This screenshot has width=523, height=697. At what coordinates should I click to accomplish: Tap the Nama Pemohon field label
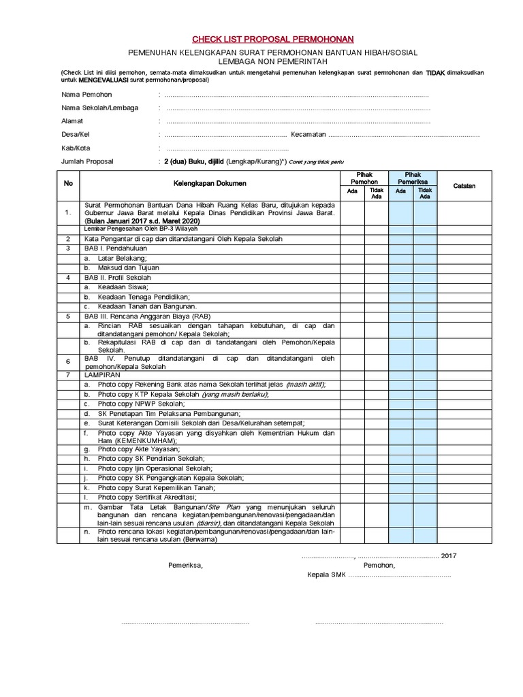coord(86,95)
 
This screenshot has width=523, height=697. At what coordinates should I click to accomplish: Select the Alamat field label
coord(72,121)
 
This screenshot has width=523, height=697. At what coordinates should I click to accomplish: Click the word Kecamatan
coord(308,135)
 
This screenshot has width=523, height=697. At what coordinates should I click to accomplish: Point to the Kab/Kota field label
coord(76,148)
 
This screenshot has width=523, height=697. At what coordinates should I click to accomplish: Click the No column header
coord(68,184)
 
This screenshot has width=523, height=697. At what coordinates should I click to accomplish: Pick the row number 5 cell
coord(68,316)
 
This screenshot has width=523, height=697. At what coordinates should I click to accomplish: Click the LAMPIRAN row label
coord(100,375)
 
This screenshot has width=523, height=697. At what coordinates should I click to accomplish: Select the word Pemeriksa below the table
coord(185,565)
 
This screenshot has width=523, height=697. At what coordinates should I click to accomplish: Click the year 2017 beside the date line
coord(449,555)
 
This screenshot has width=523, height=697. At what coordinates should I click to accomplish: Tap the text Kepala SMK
coord(327,575)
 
